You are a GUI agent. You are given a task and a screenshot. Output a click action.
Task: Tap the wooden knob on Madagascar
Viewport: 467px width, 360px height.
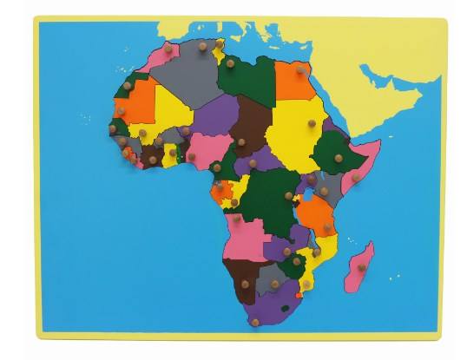(362, 266)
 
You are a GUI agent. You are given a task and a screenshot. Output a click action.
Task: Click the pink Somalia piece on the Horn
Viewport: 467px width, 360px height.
(359, 169)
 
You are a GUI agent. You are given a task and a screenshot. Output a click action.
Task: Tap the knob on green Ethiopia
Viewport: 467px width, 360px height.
(336, 159)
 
